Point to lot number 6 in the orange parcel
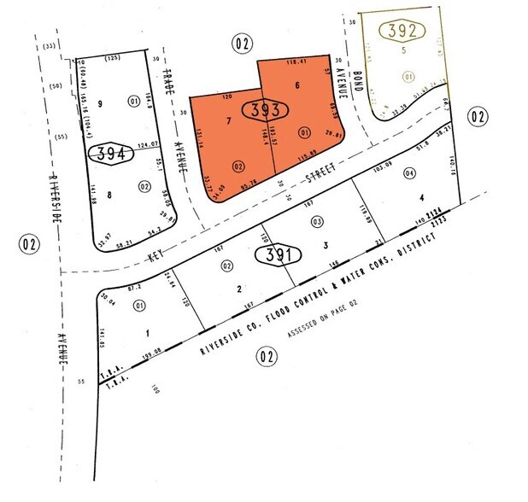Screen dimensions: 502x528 click(x=296, y=85)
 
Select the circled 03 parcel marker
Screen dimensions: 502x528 click(x=317, y=222)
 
